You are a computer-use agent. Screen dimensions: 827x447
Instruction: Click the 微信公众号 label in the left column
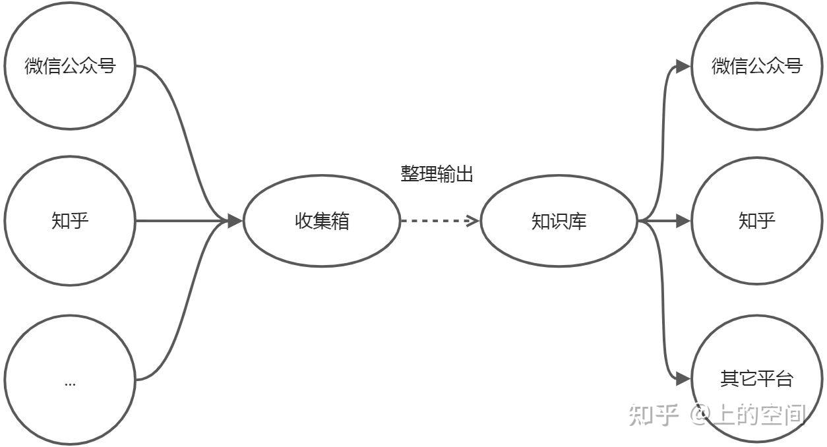pos(70,66)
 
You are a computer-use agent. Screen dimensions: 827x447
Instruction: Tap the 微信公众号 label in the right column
pos(757,66)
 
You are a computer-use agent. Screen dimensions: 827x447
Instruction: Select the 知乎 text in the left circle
pos(70,221)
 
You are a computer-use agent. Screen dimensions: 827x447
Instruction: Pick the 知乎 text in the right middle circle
pos(757,221)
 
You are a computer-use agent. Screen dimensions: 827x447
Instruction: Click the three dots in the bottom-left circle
pos(70,384)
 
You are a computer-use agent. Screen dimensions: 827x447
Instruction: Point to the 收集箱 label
pos(322,221)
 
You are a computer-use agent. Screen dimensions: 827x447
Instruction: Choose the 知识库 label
pos(559,221)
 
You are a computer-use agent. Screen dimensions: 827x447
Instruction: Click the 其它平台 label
pos(757,378)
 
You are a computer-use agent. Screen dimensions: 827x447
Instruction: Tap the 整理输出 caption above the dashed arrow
pos(437,173)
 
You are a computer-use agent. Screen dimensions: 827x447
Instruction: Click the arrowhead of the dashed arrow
pos(474,221)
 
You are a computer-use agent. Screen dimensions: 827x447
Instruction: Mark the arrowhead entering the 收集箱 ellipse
pos(235,221)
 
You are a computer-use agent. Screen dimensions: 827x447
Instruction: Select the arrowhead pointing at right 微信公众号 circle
pos(683,67)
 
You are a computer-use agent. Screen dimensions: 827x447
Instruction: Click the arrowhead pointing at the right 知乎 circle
pos(683,221)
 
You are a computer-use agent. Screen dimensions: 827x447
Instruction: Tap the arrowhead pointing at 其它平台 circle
pos(683,378)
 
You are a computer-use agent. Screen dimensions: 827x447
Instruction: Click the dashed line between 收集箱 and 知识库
pos(436,221)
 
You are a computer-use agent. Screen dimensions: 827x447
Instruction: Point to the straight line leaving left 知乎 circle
pos(181,221)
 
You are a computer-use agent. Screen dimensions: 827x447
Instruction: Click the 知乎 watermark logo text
pos(654,415)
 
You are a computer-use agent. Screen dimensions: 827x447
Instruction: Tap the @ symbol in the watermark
pos(700,415)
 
